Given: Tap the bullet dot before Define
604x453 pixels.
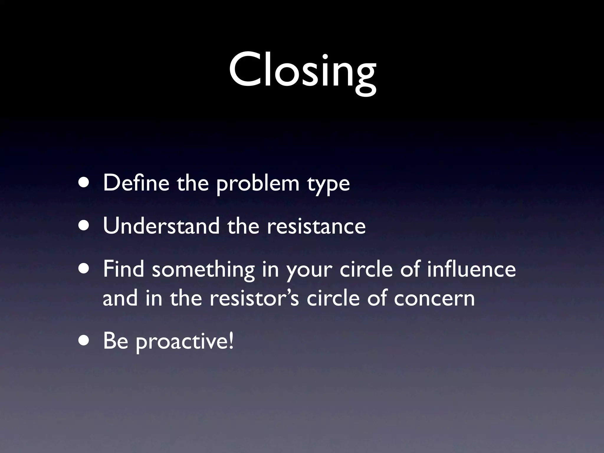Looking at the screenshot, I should point(85,183).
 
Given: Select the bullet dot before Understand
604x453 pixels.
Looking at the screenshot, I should point(85,226).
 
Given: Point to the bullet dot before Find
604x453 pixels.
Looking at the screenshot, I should point(85,269).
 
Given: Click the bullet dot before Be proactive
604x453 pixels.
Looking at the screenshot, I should point(85,341).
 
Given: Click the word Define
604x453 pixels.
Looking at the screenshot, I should point(136,183).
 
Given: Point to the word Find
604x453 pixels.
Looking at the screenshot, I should point(124,269).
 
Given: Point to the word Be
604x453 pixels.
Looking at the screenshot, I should point(116,341).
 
